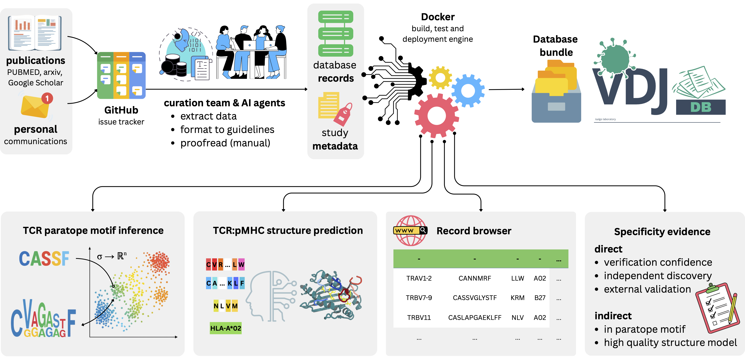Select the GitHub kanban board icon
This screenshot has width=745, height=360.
click(x=121, y=75)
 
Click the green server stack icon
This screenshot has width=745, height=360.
click(x=335, y=33)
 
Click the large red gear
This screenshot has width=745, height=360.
click(x=437, y=115)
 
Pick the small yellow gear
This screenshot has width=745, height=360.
click(x=440, y=78)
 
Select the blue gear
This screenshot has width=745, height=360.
click(x=468, y=91)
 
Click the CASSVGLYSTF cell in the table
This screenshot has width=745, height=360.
click(x=475, y=298)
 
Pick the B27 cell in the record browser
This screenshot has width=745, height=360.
click(x=540, y=298)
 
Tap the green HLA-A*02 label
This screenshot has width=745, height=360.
click(x=226, y=328)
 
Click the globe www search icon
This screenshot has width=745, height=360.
click(x=410, y=231)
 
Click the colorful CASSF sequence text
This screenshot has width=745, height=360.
click(x=44, y=258)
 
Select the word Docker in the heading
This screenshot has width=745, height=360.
click(x=438, y=17)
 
